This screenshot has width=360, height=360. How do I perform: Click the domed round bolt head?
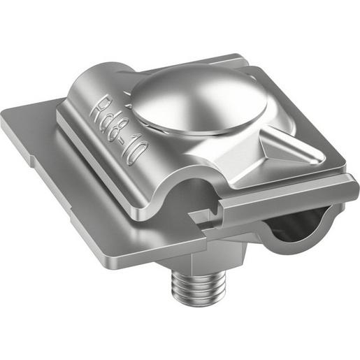coord(199,100)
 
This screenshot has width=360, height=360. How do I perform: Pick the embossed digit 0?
coord(138,155)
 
